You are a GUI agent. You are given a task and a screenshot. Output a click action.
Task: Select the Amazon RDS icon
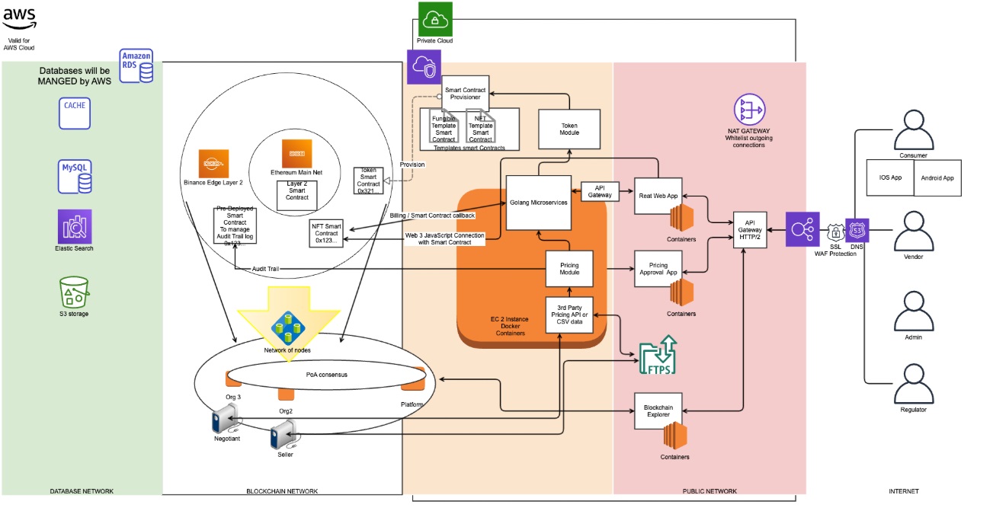pos(136,66)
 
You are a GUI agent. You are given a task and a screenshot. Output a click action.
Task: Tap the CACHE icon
pos(75,113)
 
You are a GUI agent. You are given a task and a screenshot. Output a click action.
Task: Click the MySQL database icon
pos(75,176)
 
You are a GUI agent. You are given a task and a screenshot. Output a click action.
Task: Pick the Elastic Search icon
pos(75,226)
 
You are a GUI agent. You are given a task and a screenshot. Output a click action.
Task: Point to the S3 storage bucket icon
pos(75,292)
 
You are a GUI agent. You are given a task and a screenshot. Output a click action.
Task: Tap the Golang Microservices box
pos(539,202)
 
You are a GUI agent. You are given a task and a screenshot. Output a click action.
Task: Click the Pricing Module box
pos(569,270)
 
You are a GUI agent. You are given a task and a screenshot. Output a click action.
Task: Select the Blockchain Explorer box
pos(658,410)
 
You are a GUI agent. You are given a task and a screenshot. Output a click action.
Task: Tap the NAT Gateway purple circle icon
pos(748,111)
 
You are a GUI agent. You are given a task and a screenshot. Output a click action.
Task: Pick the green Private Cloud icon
pos(435,18)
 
